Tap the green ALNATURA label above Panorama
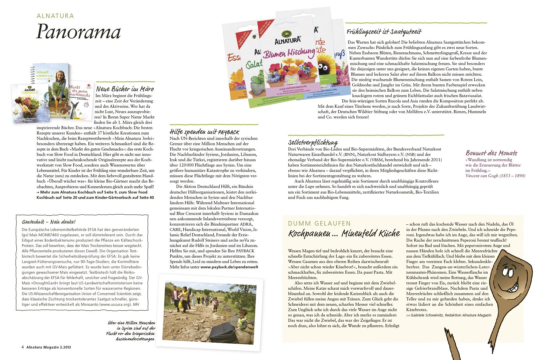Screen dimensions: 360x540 pyautogui.click(x=55, y=16)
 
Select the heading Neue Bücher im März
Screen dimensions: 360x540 pyautogui.click(x=125, y=89)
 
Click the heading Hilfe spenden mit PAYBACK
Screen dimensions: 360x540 pyautogui.click(x=204, y=132)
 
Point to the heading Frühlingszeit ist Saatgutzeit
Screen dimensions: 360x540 pyautogui.click(x=384, y=32)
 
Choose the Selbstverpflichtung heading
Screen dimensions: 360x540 pyautogui.click(x=313, y=142)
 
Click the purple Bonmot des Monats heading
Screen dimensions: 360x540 pyautogui.click(x=491, y=153)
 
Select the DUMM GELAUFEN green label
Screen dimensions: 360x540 pyautogui.click(x=319, y=223)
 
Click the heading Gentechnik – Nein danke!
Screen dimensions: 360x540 pyautogui.click(x=49, y=222)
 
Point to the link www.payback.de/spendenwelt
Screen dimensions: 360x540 pyautogui.click(x=229, y=267)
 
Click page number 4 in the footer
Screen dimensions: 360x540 pyautogui.click(x=23, y=347)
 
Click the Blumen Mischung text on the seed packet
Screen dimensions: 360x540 pyautogui.click(x=289, y=53)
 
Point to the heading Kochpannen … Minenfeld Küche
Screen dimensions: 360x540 pyautogui.click(x=344, y=233)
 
